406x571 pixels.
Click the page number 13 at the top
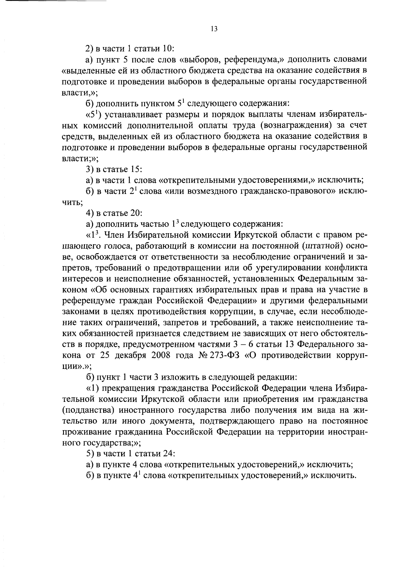click(x=214, y=29)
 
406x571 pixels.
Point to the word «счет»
click(x=355, y=126)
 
